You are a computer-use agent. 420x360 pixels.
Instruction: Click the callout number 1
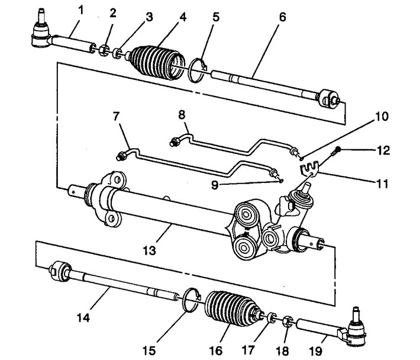click(80, 11)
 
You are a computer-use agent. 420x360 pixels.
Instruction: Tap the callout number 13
click(149, 250)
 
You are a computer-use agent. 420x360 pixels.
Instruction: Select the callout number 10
click(382, 117)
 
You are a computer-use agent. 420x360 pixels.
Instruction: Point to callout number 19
click(315, 351)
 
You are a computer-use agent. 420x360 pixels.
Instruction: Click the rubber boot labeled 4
click(157, 63)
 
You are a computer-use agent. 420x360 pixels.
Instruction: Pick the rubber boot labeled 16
click(232, 308)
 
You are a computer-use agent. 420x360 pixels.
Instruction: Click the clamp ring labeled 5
click(198, 70)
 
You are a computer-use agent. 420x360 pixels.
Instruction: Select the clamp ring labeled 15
click(190, 300)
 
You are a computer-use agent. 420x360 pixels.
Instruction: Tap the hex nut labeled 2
click(104, 50)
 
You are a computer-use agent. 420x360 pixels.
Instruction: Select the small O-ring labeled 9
click(280, 181)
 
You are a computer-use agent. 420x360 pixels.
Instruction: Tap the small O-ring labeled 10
click(301, 159)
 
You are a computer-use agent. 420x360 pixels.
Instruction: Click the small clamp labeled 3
click(117, 53)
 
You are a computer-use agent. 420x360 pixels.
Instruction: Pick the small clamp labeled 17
click(272, 317)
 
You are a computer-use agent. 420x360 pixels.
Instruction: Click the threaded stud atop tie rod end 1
click(41, 17)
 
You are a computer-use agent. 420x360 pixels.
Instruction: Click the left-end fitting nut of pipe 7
click(121, 156)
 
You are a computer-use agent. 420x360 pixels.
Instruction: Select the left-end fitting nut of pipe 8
click(175, 142)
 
